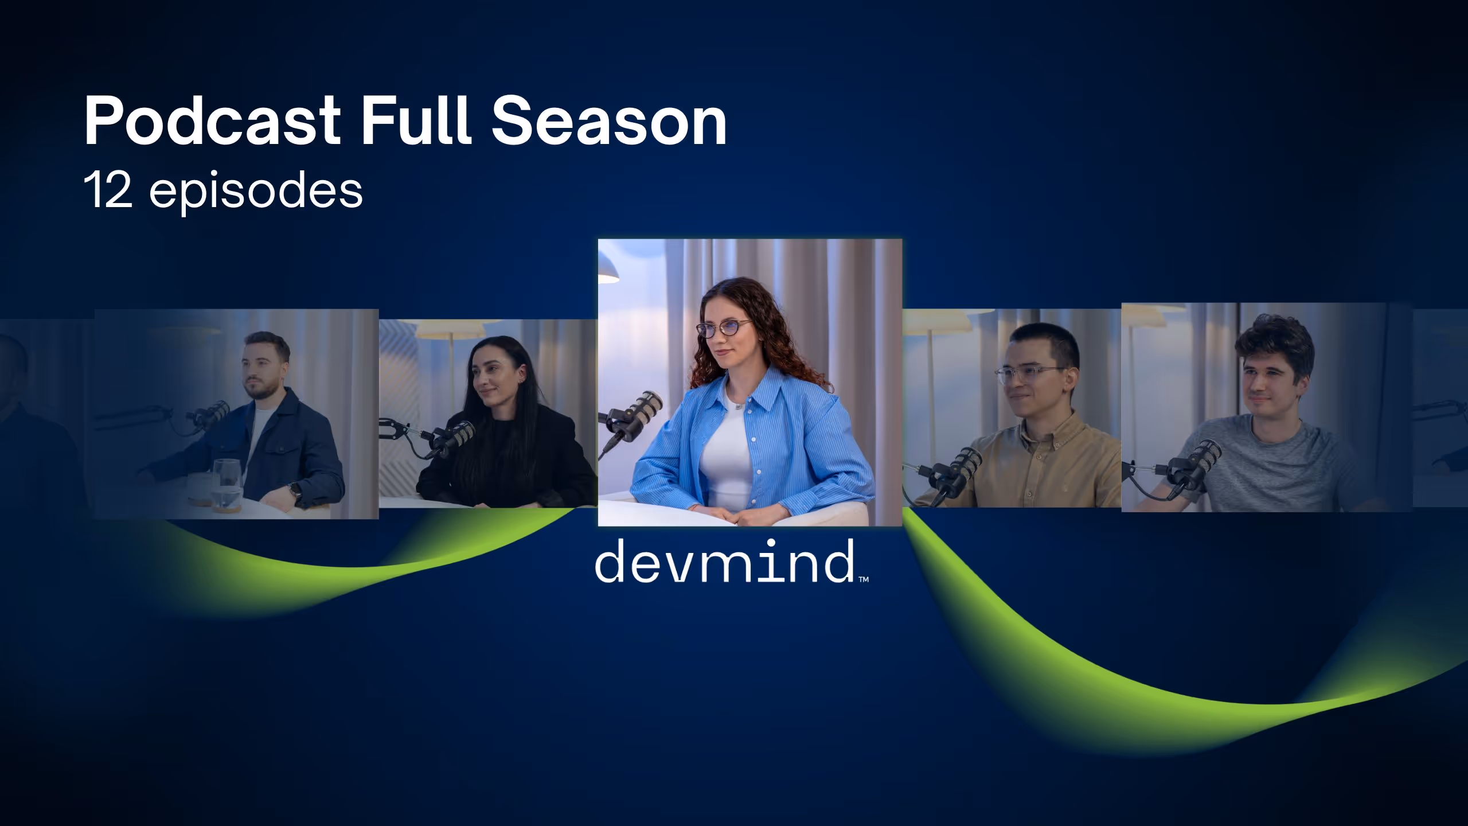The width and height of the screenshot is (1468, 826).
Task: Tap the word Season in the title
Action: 610,121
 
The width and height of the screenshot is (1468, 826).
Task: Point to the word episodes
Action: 256,193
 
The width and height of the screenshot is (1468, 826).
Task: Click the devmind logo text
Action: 724,561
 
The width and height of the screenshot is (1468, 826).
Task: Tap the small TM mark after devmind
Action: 864,579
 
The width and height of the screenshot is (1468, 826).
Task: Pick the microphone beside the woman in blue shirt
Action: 637,416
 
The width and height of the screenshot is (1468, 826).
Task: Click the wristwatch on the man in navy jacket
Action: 295,490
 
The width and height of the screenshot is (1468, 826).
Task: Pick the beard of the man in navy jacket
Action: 263,390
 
